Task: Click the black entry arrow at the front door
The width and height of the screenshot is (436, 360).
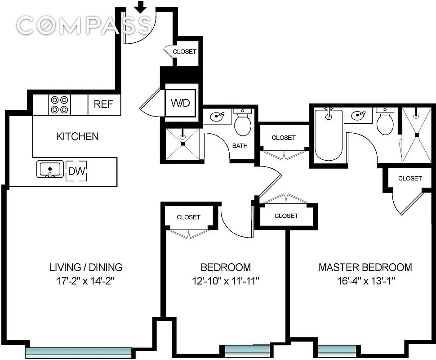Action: [x=141, y=6]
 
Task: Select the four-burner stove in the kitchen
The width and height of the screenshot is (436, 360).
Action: [x=59, y=104]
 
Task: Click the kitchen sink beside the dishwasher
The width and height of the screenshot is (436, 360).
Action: [x=49, y=170]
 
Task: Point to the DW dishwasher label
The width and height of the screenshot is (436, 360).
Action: [x=76, y=171]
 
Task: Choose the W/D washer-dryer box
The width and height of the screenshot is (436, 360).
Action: [x=180, y=103]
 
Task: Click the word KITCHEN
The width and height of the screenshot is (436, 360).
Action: [x=77, y=136]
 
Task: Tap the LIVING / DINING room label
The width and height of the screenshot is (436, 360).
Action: [x=86, y=267]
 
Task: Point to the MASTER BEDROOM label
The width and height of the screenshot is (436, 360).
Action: [x=365, y=267]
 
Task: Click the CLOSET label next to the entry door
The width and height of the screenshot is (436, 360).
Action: [x=184, y=51]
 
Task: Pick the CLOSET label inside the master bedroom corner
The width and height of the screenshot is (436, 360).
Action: [x=410, y=178]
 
